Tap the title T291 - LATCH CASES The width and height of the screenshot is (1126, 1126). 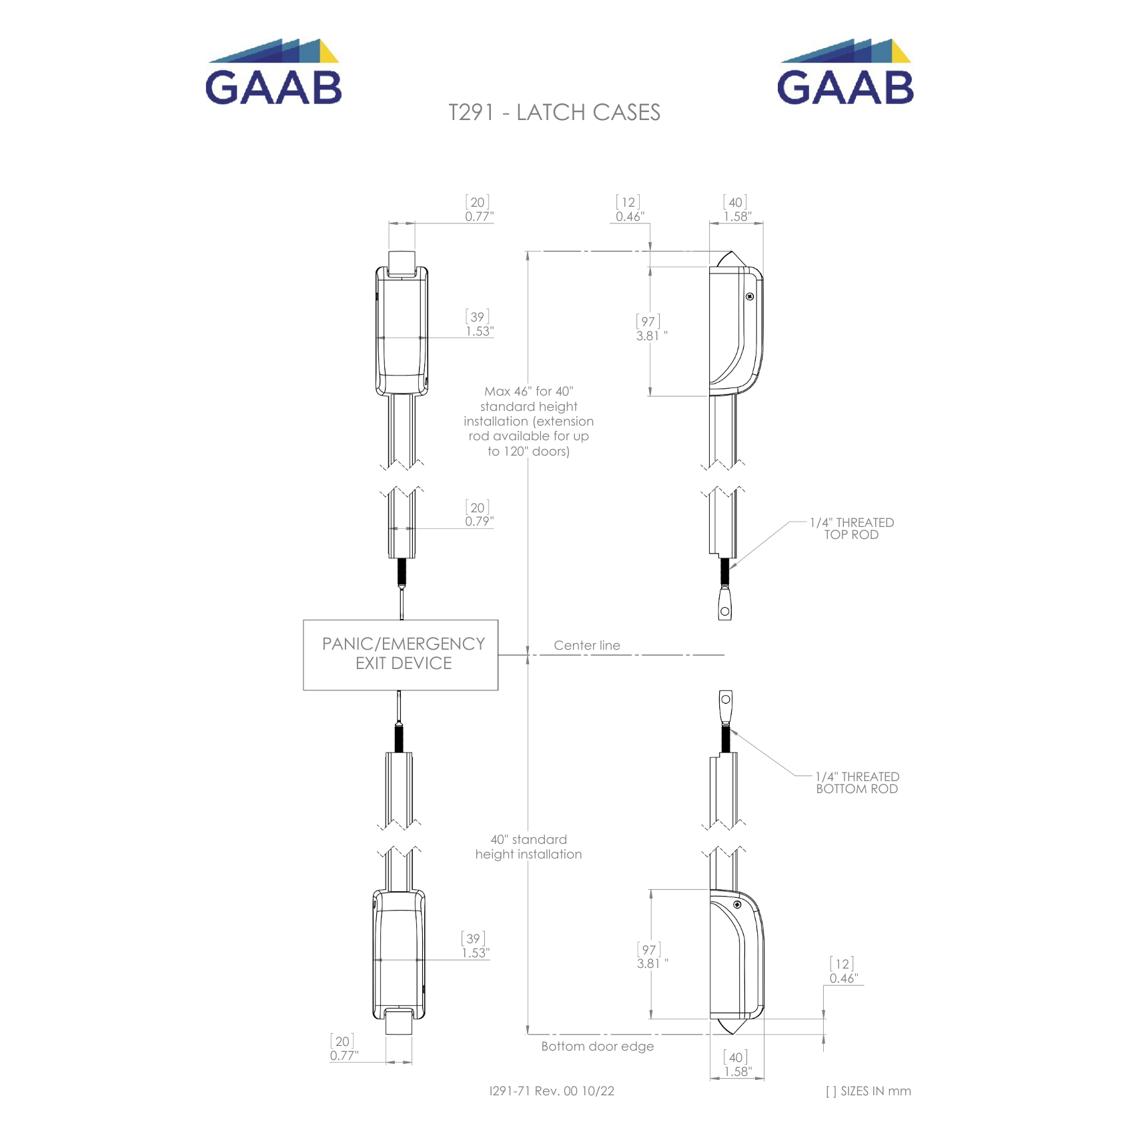[554, 113]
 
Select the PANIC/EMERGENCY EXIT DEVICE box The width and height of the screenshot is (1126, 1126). [401, 654]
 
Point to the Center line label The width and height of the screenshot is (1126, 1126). [586, 645]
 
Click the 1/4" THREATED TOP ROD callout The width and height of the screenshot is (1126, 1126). [851, 528]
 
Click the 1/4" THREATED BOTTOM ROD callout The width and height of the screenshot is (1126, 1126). [857, 782]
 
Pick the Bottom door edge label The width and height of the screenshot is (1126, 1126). [597, 1046]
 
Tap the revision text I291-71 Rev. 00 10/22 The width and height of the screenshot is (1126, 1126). [552, 1091]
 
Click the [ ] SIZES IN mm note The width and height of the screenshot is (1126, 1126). [868, 1091]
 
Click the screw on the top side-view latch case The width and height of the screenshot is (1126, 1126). [750, 296]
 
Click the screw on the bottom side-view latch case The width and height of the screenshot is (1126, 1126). [737, 905]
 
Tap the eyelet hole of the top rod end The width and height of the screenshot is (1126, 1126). [725, 611]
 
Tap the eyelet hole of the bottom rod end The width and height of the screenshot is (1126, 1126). [726, 699]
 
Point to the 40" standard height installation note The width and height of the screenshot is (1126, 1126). [528, 847]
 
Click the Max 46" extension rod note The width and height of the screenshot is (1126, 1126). [528, 421]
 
